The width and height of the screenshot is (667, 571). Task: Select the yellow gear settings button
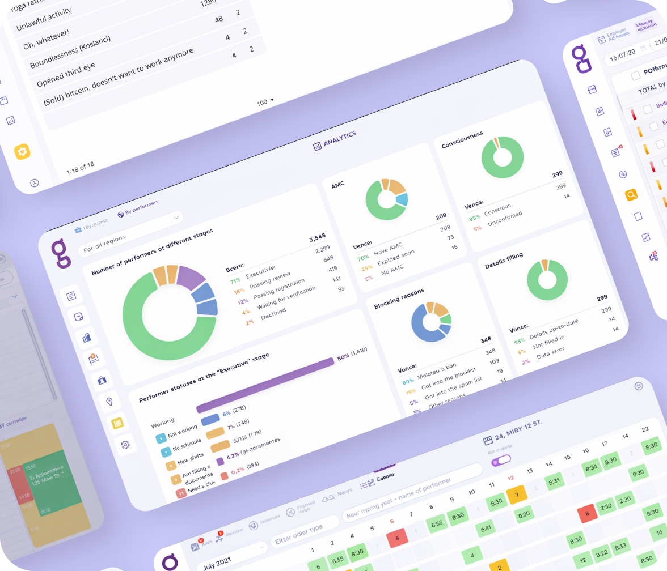[23, 151]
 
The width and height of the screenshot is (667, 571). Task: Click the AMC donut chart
[386, 199]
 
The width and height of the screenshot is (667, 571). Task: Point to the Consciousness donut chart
[502, 157]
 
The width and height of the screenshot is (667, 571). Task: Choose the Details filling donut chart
[547, 280]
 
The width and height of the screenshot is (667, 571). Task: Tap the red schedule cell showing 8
[587, 514]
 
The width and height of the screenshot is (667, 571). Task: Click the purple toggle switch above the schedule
[501, 461]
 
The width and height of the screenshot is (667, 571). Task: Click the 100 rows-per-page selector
[265, 102]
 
